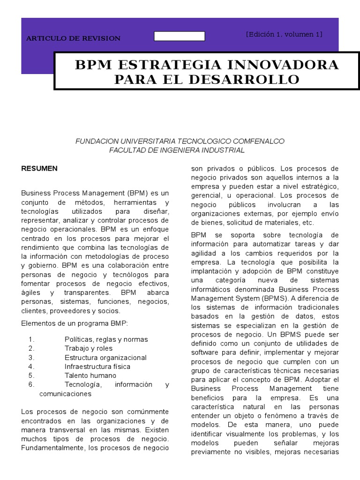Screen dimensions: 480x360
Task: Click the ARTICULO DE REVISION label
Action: [x=73, y=38]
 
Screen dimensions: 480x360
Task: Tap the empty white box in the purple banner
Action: [x=180, y=36]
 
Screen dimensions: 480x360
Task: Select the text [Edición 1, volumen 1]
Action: [x=284, y=34]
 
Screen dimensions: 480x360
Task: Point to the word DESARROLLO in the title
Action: [x=244, y=79]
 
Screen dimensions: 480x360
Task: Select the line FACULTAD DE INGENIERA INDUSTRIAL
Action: [x=177, y=150]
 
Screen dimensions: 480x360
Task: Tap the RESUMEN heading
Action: [x=39, y=168]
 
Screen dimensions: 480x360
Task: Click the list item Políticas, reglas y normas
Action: [x=106, y=339]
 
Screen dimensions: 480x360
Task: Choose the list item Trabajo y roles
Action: [x=89, y=348]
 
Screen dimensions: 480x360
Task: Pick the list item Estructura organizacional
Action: [x=105, y=358]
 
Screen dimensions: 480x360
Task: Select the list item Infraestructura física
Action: [x=97, y=367]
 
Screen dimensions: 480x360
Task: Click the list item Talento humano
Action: [x=90, y=375]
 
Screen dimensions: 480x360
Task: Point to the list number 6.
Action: [x=31, y=384]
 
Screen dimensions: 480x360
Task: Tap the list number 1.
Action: [x=31, y=339]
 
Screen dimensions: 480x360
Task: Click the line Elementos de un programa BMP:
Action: [x=74, y=323]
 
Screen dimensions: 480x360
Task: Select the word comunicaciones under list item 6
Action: [x=65, y=394]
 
